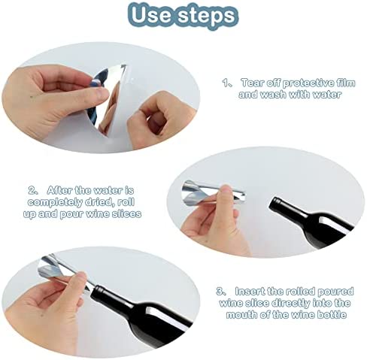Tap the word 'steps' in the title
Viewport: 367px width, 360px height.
click(x=207, y=16)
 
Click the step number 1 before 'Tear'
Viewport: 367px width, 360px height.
click(x=225, y=83)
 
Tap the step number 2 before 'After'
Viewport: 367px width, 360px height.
click(x=32, y=190)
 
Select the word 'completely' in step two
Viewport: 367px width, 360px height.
click(x=55, y=202)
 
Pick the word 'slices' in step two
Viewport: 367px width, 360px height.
click(x=126, y=214)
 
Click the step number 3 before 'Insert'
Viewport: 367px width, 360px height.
click(x=220, y=292)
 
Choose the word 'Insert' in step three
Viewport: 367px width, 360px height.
click(x=250, y=292)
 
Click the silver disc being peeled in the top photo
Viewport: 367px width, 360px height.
click(x=111, y=98)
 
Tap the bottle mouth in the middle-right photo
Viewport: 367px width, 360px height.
click(x=275, y=204)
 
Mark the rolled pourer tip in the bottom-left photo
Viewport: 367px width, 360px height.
click(x=88, y=289)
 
